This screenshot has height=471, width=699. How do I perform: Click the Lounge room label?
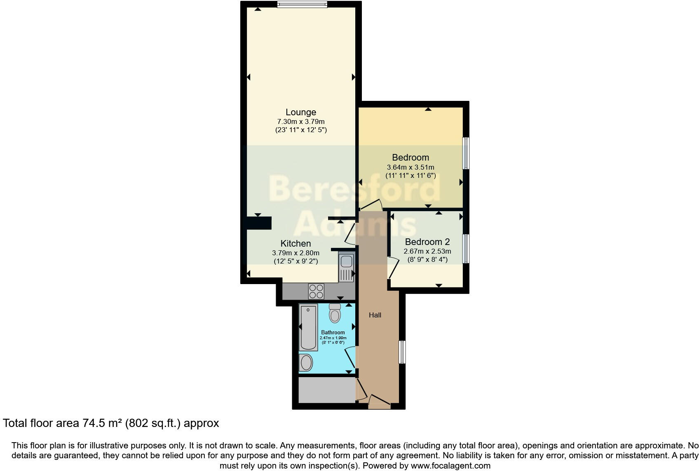coord(301,112)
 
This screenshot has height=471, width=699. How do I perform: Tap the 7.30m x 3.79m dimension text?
coord(301,122)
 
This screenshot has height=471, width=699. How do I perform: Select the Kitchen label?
coord(296,243)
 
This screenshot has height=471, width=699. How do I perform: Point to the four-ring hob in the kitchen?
coord(317,291)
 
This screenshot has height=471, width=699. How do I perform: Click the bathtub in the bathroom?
coord(308,327)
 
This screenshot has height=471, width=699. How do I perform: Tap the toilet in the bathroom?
coord(335,315)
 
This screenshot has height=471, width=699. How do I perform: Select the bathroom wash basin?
coord(306,363)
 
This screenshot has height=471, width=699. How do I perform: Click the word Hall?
coord(375,315)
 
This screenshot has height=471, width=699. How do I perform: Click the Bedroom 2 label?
coord(427,242)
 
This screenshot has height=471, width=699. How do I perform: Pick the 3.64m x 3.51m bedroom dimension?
coord(410,168)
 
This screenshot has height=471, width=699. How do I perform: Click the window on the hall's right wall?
coord(402,352)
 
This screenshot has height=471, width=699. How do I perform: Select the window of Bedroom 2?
coord(466,248)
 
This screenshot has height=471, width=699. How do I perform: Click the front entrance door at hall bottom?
coord(379,402)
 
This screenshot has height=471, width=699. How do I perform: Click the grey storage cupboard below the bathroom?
coord(326,390)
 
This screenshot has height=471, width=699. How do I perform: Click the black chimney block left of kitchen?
coord(259,223)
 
